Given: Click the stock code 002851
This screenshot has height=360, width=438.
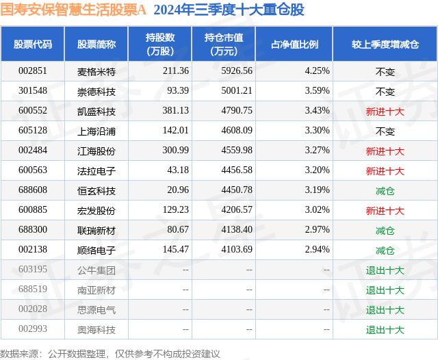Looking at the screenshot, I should pyautogui.click(x=33, y=71).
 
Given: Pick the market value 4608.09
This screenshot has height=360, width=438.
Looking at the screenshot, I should pyautogui.click(x=237, y=131).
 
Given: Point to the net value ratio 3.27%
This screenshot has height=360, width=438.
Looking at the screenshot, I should pyautogui.click(x=317, y=151).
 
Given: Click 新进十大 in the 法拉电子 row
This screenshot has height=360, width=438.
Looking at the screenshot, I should pyautogui.click(x=385, y=171).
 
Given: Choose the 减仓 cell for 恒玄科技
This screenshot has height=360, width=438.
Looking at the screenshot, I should pyautogui.click(x=385, y=191).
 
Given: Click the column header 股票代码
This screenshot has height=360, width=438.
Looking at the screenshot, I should pyautogui.click(x=33, y=44).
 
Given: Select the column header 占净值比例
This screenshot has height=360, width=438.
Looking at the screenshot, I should pyautogui.click(x=294, y=44).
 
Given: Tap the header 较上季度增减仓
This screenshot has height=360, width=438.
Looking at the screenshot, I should pyautogui.click(x=385, y=44).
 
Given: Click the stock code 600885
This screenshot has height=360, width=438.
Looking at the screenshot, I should pyautogui.click(x=33, y=211).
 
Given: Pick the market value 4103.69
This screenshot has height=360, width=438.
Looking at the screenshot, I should pyautogui.click(x=237, y=250).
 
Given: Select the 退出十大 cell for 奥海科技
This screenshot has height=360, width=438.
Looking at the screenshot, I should pyautogui.click(x=385, y=330).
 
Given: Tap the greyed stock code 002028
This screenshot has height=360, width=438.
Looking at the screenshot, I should pyautogui.click(x=33, y=310).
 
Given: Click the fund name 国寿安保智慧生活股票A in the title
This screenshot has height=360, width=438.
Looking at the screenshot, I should pyautogui.click(x=74, y=10).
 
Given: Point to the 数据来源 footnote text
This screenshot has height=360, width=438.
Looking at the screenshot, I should pyautogui.click(x=110, y=353).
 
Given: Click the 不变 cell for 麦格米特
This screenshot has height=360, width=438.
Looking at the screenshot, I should pyautogui.click(x=385, y=71).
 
